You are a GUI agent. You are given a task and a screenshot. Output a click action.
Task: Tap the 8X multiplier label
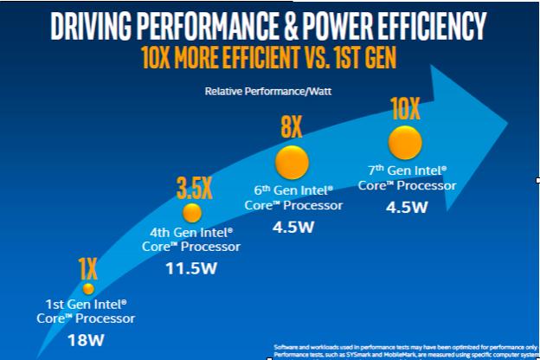tap(291, 129)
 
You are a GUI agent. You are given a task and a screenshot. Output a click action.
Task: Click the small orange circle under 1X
tap(87, 288)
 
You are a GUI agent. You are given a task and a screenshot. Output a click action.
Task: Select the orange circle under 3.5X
tap(192, 212)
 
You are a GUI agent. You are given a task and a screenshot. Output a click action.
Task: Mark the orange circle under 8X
tap(292, 162)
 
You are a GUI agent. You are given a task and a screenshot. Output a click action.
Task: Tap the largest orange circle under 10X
tap(404, 142)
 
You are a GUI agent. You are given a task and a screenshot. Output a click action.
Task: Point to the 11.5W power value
tap(192, 267)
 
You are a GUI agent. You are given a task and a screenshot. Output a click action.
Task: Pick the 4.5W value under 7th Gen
tap(407, 208)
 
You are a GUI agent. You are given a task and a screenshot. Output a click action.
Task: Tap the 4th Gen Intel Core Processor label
tap(192, 240)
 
